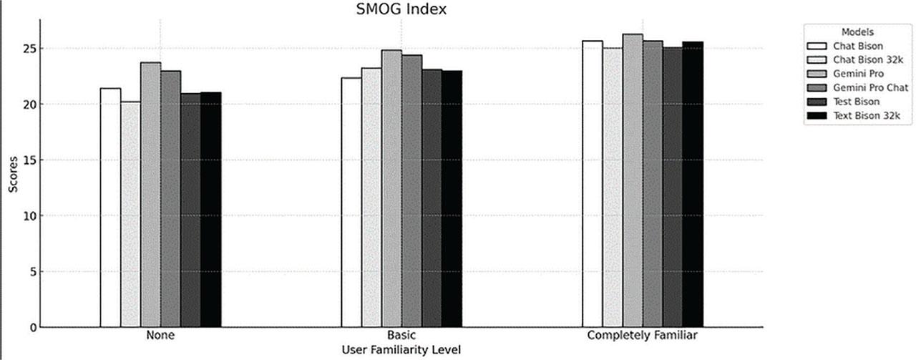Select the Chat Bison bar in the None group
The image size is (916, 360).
[x=110, y=208]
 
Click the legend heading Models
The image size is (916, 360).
[x=857, y=32]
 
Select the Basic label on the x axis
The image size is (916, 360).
[x=401, y=336]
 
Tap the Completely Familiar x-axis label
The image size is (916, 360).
[x=642, y=336]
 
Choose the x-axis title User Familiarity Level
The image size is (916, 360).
[x=401, y=349]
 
